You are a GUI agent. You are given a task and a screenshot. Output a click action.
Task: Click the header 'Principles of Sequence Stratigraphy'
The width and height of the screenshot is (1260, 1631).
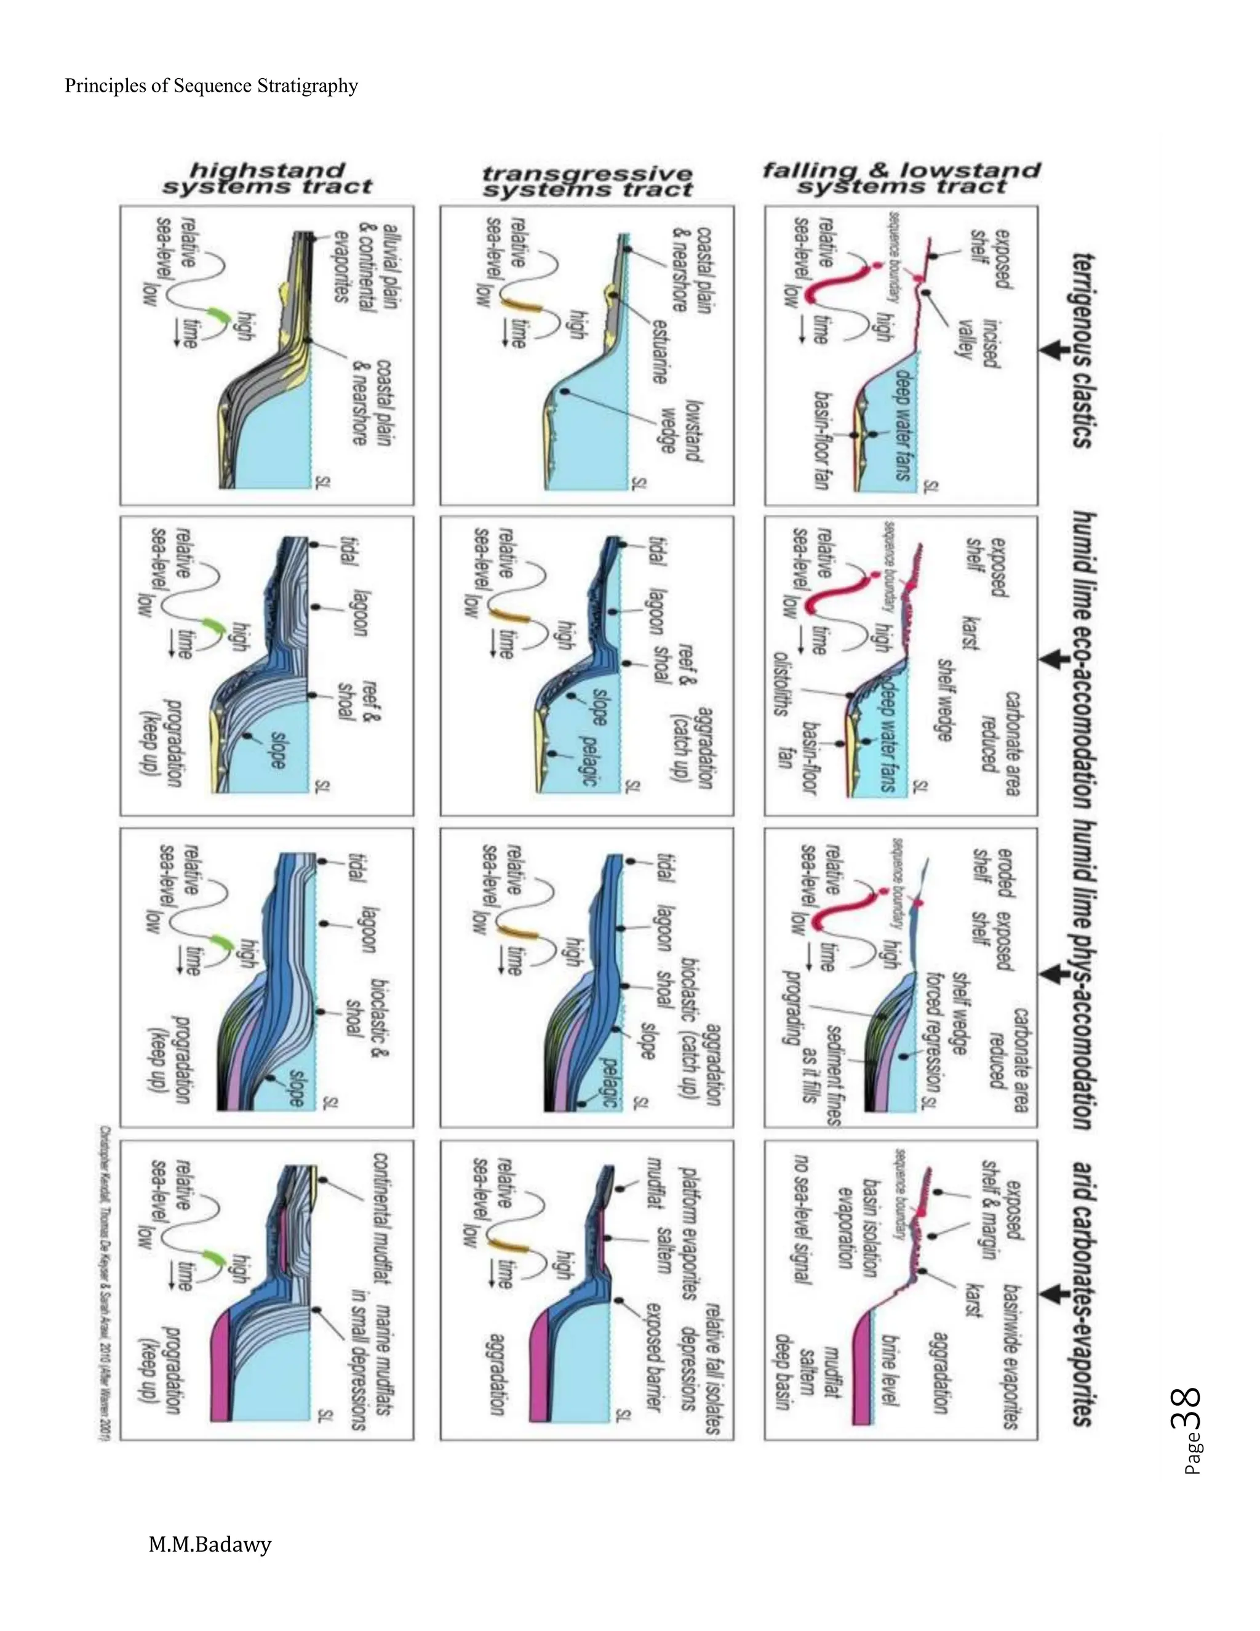[211, 86]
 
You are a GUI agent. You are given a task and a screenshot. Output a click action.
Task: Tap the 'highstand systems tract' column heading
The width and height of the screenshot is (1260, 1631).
[267, 179]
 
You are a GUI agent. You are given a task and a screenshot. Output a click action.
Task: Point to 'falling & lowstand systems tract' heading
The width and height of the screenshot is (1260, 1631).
[901, 178]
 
